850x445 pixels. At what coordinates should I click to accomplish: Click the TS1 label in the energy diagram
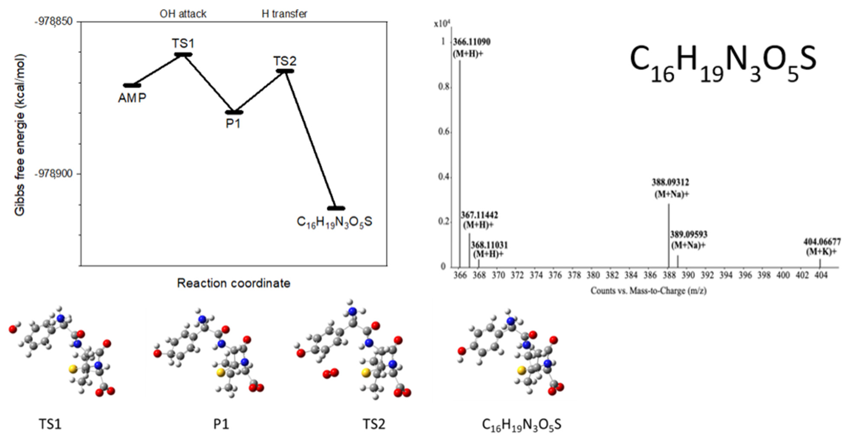click(x=183, y=43)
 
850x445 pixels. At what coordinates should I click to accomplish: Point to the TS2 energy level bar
click(x=285, y=71)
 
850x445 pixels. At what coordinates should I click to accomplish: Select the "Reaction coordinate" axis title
click(x=234, y=283)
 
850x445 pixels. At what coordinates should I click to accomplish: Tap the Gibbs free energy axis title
click(x=20, y=135)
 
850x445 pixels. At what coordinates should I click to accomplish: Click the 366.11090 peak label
click(x=471, y=42)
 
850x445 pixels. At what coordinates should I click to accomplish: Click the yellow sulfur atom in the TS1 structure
click(x=73, y=369)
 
